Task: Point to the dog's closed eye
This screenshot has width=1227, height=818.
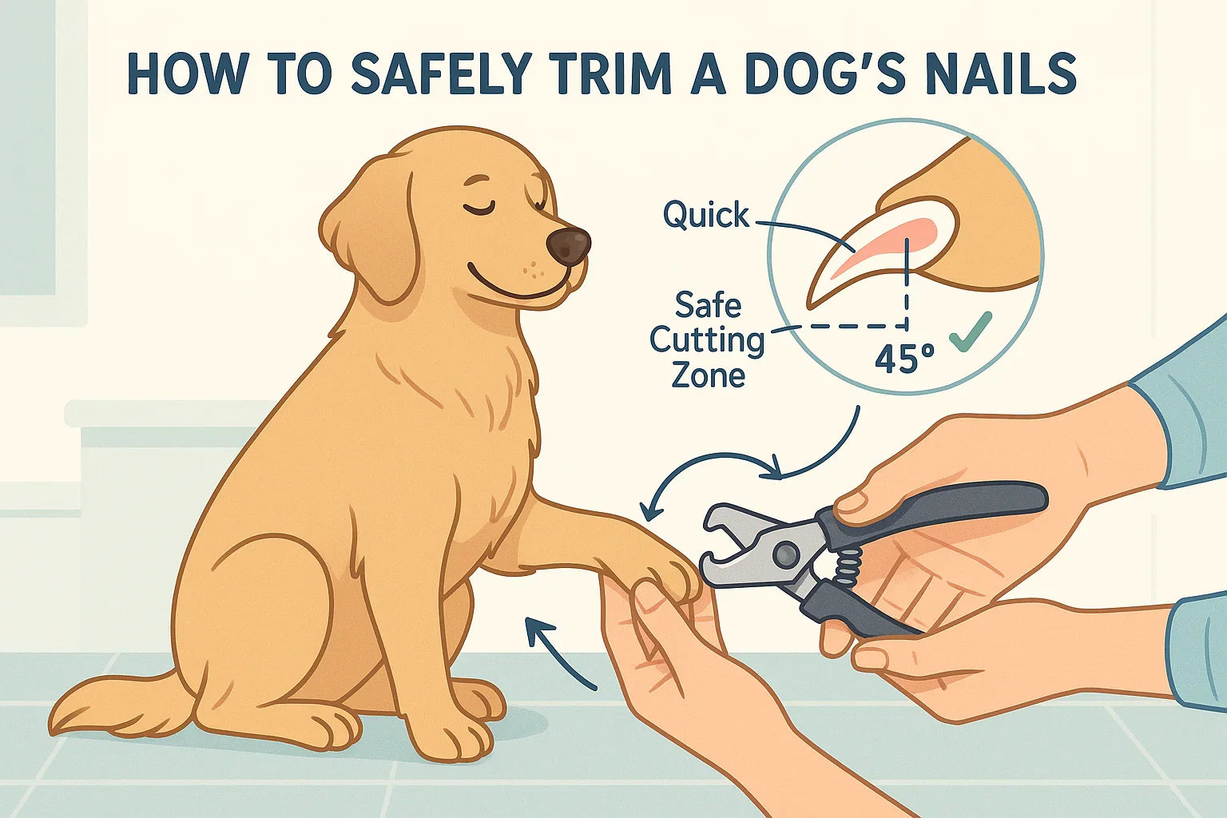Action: pyautogui.click(x=478, y=208)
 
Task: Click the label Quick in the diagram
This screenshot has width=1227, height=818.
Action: pyautogui.click(x=706, y=215)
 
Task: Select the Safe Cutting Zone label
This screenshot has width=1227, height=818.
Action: pyautogui.click(x=707, y=340)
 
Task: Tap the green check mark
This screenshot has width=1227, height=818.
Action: pyautogui.click(x=971, y=331)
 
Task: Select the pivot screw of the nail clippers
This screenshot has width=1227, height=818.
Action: pyautogui.click(x=786, y=552)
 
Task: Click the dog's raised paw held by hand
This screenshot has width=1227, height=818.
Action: pyautogui.click(x=663, y=575)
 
